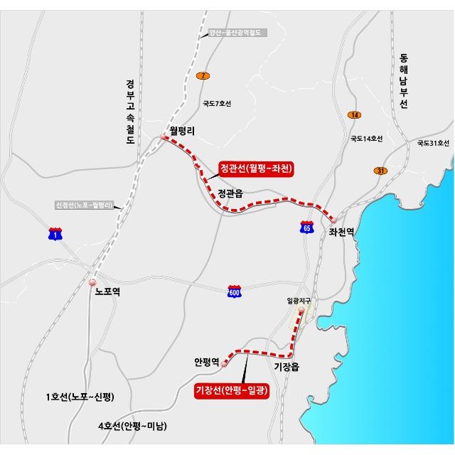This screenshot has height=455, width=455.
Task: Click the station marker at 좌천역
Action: pyautogui.click(x=333, y=220)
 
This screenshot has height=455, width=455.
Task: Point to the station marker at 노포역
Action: pyautogui.click(x=92, y=282)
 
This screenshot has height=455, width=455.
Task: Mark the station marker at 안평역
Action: pyautogui.click(x=225, y=364)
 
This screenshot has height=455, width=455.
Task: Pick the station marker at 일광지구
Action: pyautogui.click(x=301, y=311)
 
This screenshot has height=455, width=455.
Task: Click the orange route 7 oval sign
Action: pyautogui.click(x=204, y=76)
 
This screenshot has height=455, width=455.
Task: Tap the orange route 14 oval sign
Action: pyautogui.click(x=355, y=115)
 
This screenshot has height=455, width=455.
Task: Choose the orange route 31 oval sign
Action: pyautogui.click(x=381, y=171)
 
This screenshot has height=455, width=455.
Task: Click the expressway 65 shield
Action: pyautogui.click(x=306, y=227)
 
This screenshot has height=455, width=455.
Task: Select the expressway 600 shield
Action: pyautogui.click(x=235, y=291)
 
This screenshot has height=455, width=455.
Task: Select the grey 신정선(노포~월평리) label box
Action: pyautogui.click(x=84, y=205)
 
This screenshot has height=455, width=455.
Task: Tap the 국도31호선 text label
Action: pyautogui.click(x=433, y=144)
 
